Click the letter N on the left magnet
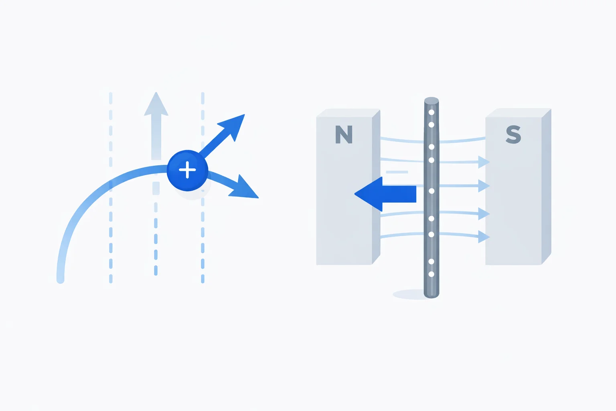(x=344, y=134)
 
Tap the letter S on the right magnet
(x=513, y=134)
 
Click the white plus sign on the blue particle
(x=187, y=170)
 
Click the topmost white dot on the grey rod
(x=432, y=112)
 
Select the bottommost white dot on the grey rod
(x=432, y=274)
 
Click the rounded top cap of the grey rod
(x=432, y=100)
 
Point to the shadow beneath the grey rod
(x=409, y=295)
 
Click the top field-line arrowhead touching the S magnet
(x=484, y=162)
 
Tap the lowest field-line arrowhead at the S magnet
(x=484, y=237)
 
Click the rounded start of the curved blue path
(x=61, y=280)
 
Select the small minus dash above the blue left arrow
(x=397, y=172)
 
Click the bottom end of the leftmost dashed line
(x=111, y=280)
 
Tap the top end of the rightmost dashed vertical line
(x=203, y=95)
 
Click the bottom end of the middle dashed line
(x=156, y=273)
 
